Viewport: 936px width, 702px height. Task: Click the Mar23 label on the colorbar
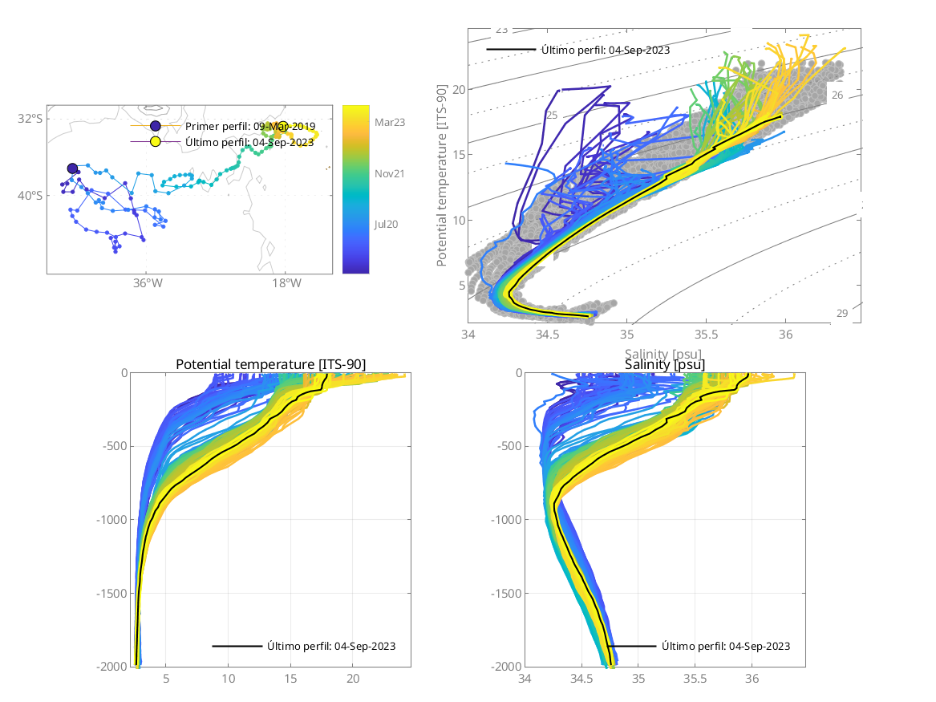pos(390,122)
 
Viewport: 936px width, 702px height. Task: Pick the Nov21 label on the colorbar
pos(390,173)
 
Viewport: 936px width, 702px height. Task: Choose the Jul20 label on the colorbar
pos(387,225)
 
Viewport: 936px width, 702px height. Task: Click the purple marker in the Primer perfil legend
pos(156,127)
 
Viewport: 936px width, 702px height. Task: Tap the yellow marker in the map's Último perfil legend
pos(156,142)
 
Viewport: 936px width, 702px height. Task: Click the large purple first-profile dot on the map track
pos(72,168)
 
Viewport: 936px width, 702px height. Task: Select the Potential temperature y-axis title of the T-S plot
pos(442,174)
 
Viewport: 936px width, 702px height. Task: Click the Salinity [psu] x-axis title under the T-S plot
pos(665,354)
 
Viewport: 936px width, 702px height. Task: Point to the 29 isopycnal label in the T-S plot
pos(841,313)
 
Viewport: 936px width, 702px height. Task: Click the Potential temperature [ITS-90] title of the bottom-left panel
pos(270,365)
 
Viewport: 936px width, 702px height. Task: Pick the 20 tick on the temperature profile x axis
pos(353,680)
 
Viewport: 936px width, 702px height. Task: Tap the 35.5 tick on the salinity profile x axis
pos(695,680)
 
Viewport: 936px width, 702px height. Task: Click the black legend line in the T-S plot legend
pos(511,50)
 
